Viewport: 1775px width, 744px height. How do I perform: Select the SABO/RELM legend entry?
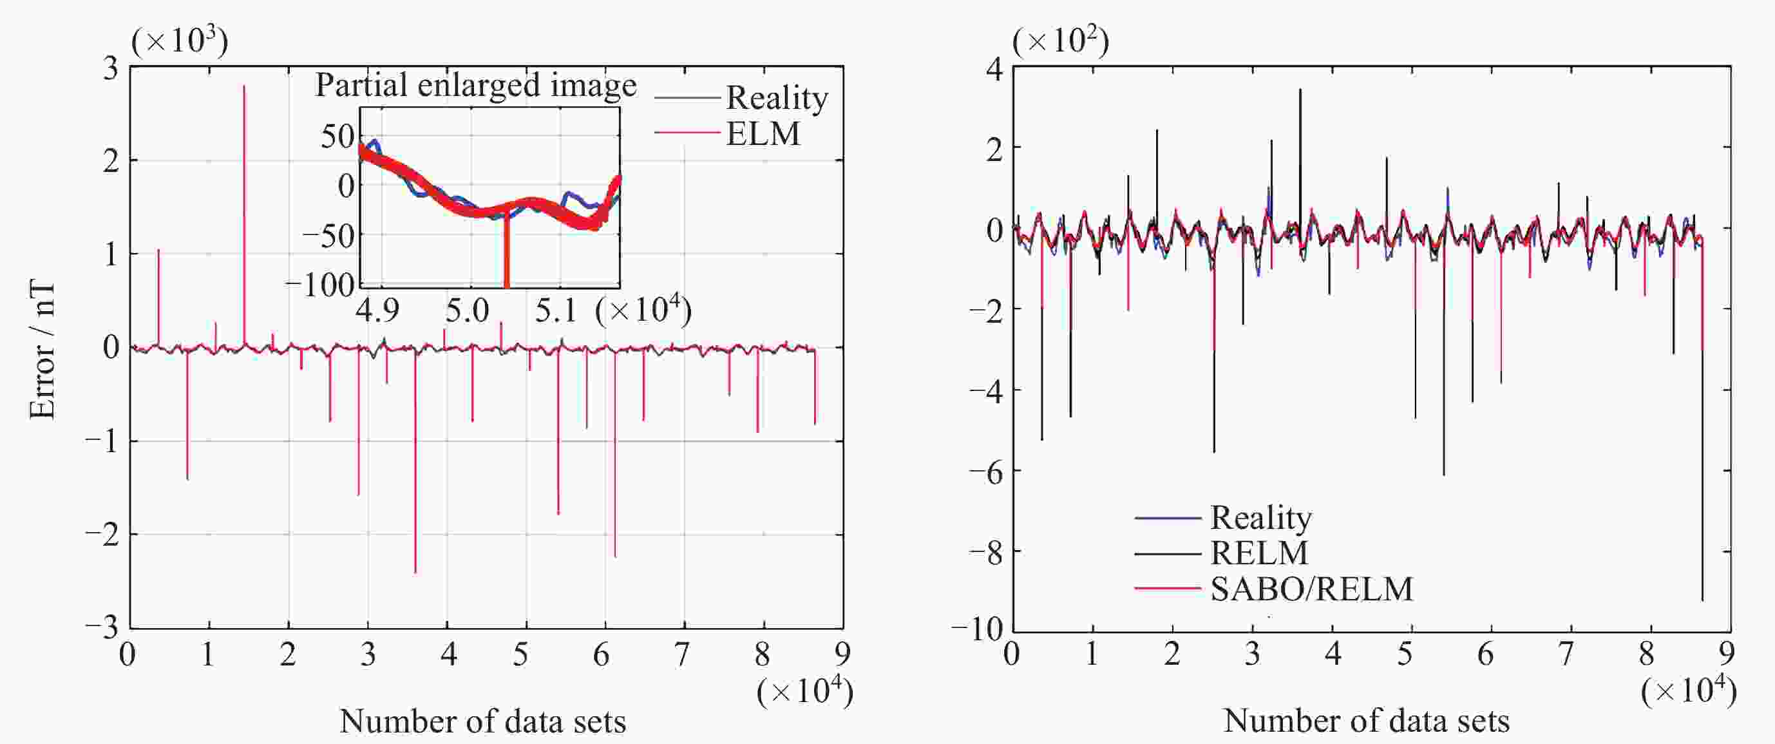coord(1311,589)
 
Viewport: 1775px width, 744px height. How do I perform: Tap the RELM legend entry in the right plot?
coord(1259,553)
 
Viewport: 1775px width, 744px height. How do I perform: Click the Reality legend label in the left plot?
coord(777,98)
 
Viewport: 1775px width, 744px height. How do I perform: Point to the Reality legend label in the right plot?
coord(1260,517)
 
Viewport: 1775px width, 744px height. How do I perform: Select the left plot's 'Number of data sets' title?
coord(482,721)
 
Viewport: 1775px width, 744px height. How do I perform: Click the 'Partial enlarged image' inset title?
coord(475,86)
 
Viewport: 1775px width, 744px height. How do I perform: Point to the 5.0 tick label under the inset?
coord(467,310)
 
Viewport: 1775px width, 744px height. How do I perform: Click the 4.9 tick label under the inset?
coord(377,310)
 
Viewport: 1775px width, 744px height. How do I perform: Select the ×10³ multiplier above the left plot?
coord(179,41)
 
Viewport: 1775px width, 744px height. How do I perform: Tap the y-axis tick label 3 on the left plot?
coord(111,69)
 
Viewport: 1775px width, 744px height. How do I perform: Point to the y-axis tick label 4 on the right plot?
coord(994,69)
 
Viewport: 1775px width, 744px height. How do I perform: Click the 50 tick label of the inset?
coord(337,137)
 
